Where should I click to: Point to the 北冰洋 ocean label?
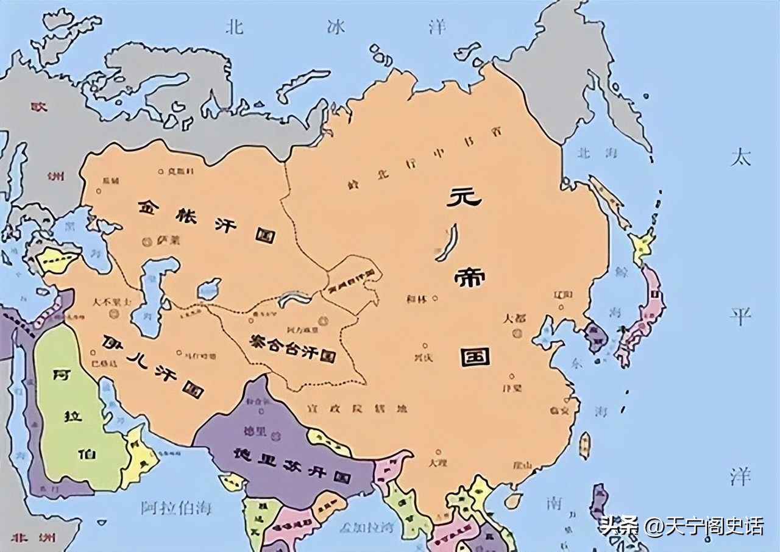point(335,27)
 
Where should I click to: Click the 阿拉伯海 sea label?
point(176,508)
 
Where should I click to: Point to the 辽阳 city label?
point(563,295)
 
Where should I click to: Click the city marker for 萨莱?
point(146,242)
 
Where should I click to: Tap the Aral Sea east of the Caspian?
point(208,288)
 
